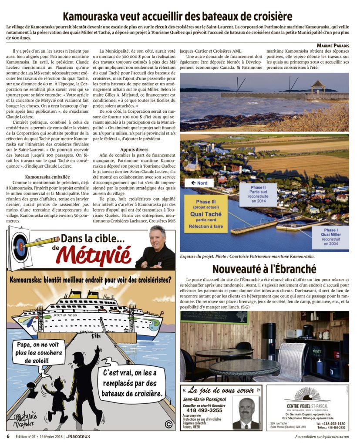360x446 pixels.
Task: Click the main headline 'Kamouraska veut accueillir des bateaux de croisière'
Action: coord(177,17)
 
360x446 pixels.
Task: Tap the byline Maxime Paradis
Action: coord(332,45)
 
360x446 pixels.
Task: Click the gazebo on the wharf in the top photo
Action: coord(317,86)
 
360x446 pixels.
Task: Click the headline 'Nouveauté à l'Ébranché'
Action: coord(264,268)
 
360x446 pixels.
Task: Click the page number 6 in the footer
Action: coord(8,436)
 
